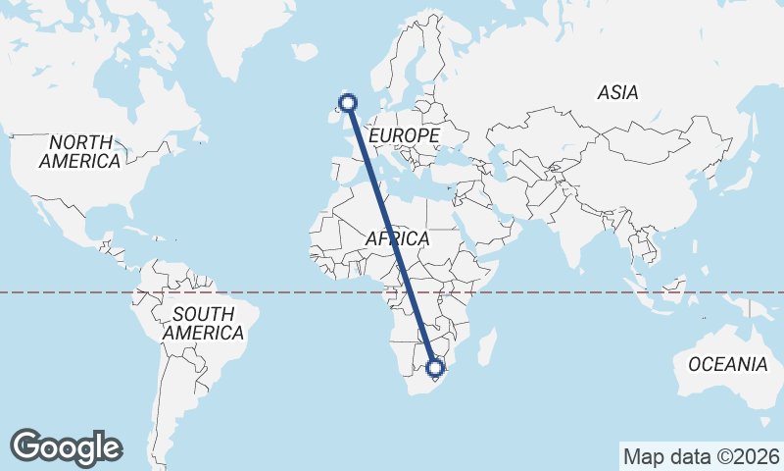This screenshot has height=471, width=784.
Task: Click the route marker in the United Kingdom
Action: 347,102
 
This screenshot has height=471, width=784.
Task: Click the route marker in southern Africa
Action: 435,369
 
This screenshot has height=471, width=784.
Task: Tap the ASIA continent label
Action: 617,93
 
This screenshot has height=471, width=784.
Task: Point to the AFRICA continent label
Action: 397,238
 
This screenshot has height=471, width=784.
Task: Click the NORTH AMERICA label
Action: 80,151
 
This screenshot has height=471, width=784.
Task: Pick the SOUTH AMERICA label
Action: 203,324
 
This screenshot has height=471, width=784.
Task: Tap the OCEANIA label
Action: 727,364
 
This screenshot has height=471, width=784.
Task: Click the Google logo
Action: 67,446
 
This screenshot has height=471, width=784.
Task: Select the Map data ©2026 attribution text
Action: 701,456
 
